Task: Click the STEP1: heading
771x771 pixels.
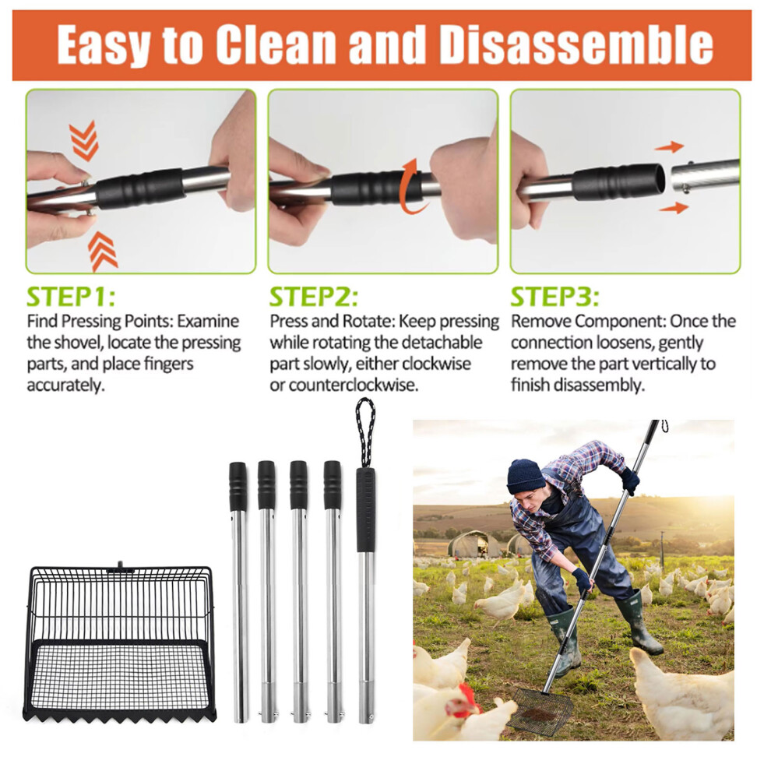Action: click(71, 297)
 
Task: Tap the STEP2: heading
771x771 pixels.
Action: click(314, 297)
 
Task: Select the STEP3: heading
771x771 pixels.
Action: click(555, 297)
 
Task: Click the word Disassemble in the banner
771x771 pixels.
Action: click(576, 44)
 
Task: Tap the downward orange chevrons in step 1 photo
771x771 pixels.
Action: click(83, 140)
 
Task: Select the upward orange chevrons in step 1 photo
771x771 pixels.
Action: click(102, 252)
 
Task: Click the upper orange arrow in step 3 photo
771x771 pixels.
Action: click(669, 146)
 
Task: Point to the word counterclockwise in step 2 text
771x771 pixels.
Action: click(354, 385)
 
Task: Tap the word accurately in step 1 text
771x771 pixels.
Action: click(66, 385)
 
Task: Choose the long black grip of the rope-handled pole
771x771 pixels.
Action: click(366, 509)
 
